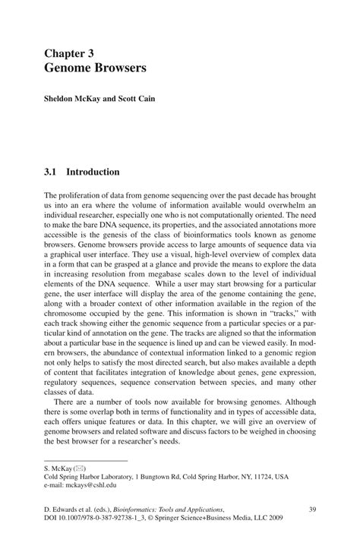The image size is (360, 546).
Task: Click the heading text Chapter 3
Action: click(73, 53)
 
